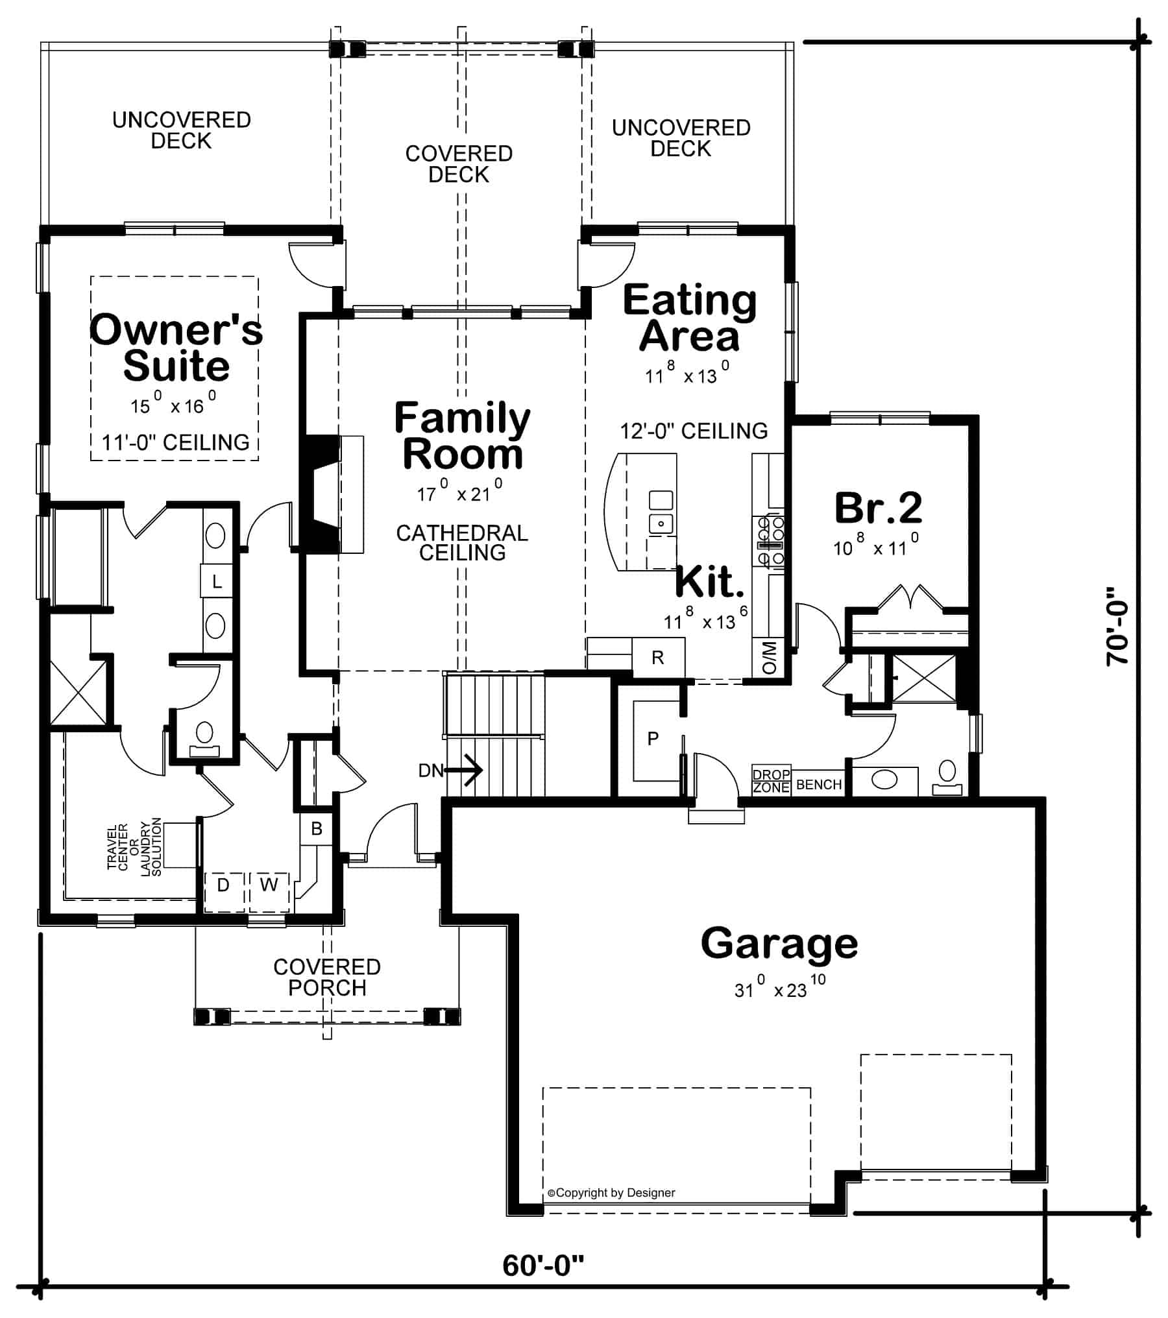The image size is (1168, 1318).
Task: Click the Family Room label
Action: click(x=462, y=436)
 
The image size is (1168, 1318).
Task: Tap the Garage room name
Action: click(x=779, y=944)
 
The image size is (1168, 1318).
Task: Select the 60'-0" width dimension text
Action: click(x=543, y=1265)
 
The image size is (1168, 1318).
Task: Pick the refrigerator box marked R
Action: click(x=658, y=658)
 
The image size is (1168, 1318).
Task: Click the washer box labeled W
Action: click(x=269, y=884)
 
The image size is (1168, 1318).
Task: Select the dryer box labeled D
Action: click(x=223, y=885)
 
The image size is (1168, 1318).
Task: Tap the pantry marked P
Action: click(x=653, y=739)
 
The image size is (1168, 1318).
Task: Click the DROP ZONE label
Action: click(x=771, y=781)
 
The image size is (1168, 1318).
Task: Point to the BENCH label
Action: click(x=818, y=785)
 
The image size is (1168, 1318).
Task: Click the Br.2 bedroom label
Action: click(x=877, y=508)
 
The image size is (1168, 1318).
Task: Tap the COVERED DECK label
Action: click(x=459, y=164)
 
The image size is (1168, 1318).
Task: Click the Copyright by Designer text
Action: click(x=611, y=1193)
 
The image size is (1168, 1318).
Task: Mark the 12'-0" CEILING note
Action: click(x=694, y=431)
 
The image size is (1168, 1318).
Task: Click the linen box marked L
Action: click(x=217, y=581)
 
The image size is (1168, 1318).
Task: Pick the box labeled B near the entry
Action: click(x=317, y=828)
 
